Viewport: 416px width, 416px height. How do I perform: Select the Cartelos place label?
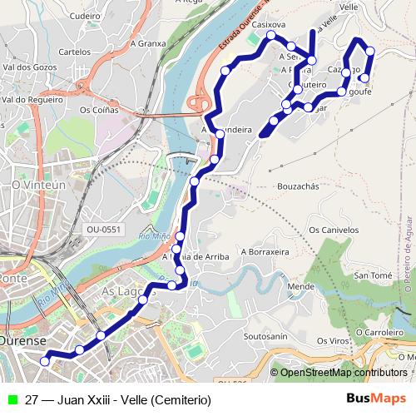75,52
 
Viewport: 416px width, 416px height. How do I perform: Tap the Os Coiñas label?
98,109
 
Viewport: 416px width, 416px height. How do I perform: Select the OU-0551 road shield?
103,230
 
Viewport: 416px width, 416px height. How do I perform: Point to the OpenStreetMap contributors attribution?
343,372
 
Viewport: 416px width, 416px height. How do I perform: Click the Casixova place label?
268,25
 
